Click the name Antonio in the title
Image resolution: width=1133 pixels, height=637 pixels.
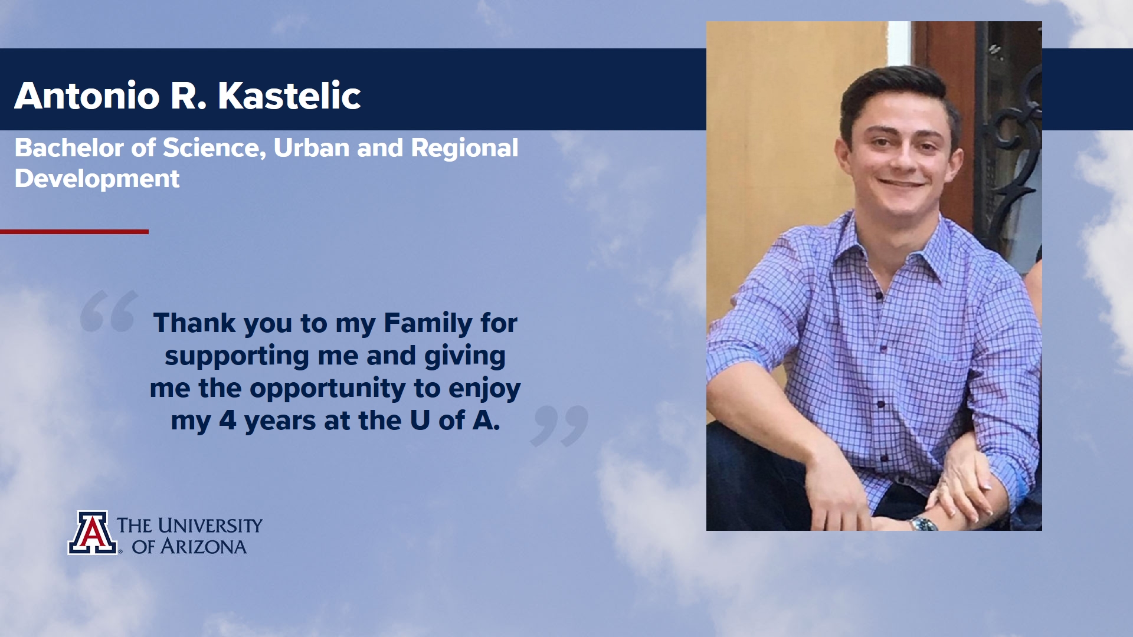pos(87,96)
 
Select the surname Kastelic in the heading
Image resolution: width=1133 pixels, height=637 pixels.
pos(289,96)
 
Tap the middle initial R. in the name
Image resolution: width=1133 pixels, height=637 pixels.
pos(189,96)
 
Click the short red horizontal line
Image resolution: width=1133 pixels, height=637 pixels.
pos(74,232)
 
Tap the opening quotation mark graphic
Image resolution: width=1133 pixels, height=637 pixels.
pos(109,311)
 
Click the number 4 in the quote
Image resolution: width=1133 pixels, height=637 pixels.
pos(227,421)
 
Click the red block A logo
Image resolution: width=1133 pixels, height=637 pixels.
pos(93,533)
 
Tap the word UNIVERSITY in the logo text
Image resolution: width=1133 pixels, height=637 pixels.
pos(210,525)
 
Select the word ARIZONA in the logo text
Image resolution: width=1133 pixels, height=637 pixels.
pos(204,547)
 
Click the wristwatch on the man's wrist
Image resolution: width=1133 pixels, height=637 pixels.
pos(922,523)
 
